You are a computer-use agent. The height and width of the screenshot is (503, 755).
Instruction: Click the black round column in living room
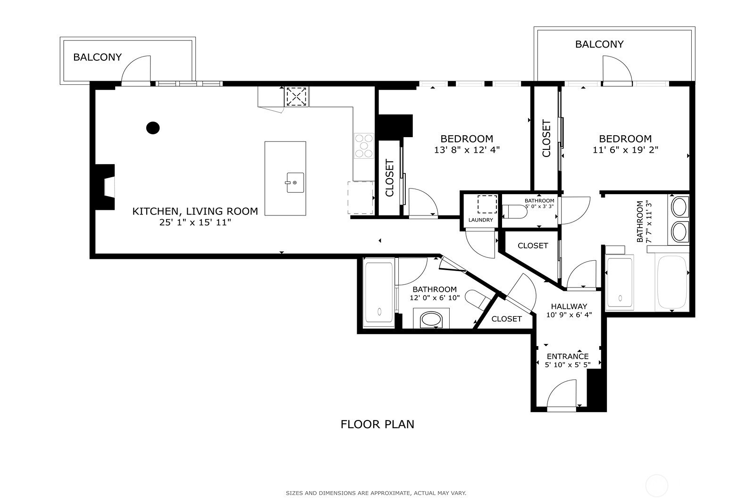153,128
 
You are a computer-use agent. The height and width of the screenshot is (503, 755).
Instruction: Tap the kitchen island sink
295,182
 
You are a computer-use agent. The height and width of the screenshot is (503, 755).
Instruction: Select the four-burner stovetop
364,146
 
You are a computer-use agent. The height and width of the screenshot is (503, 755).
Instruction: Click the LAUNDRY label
481,220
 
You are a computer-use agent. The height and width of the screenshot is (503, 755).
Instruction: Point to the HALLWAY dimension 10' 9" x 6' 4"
569,315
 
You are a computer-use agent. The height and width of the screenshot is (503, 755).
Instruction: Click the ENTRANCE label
568,356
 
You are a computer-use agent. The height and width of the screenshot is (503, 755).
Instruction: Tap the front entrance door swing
562,394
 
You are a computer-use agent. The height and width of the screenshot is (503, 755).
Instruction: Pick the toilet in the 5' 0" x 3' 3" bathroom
515,212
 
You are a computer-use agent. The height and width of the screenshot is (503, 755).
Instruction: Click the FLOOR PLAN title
377,424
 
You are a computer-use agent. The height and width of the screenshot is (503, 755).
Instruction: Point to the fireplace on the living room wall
105,187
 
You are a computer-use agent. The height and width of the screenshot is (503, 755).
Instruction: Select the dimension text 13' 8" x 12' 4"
467,150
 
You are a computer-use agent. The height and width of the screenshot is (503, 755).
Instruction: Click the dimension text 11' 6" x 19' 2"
626,150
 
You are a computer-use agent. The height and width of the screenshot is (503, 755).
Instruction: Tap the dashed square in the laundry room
487,204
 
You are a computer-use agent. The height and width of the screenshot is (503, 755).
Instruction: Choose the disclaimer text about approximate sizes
376,493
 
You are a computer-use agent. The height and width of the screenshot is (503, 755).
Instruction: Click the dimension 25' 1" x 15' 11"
195,223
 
